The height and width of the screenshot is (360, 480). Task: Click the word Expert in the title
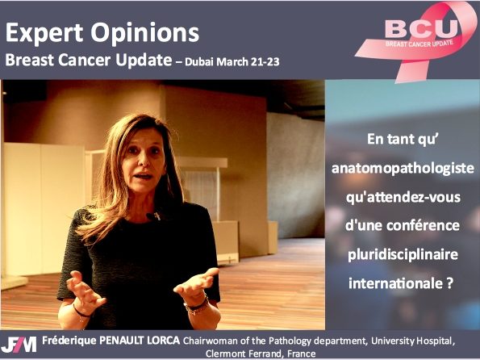point(44,33)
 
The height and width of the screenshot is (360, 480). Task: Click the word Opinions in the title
point(144,33)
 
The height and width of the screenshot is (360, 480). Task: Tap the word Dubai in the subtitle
point(200,62)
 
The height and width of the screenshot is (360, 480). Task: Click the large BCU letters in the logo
point(422,28)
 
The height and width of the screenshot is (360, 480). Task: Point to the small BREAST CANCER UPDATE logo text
point(419,44)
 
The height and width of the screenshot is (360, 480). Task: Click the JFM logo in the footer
point(19,345)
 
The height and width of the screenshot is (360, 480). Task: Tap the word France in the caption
point(302,354)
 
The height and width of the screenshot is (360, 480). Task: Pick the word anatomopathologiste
point(403,169)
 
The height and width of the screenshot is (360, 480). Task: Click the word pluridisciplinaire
point(403,255)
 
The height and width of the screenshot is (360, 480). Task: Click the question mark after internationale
point(449,283)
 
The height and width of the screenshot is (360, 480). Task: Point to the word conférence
point(423,225)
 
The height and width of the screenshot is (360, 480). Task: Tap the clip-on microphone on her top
point(153,216)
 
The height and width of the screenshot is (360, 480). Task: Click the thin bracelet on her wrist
point(81,312)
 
